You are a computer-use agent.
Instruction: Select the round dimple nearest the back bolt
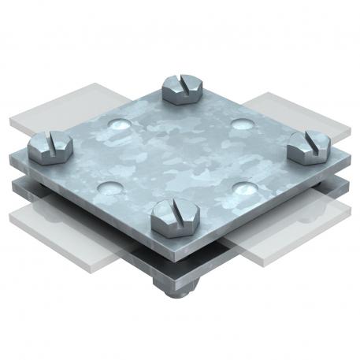(118, 124)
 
